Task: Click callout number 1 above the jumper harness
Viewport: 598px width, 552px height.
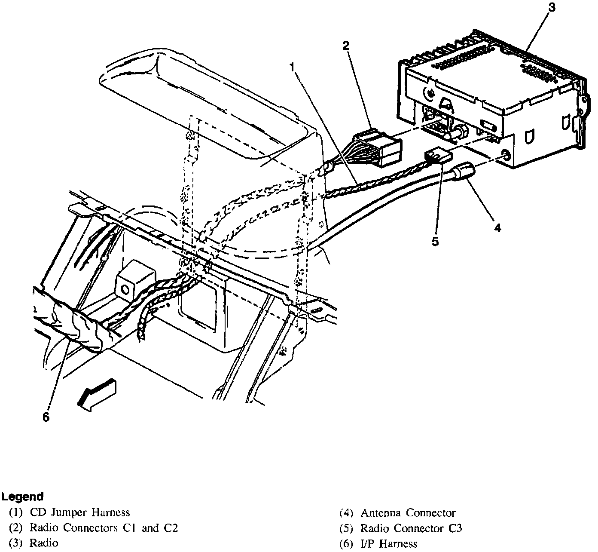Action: click(x=292, y=67)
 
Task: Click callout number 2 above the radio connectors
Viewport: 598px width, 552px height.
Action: click(x=345, y=46)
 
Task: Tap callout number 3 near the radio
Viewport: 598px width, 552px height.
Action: click(x=552, y=8)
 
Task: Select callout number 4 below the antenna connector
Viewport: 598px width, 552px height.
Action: click(x=497, y=227)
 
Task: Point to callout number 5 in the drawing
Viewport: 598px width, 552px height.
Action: click(x=436, y=242)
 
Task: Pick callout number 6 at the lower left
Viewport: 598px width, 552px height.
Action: click(x=46, y=417)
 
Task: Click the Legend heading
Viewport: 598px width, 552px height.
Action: click(x=22, y=497)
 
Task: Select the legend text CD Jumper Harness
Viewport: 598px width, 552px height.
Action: click(x=79, y=512)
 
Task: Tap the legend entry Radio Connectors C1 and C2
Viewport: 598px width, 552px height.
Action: click(x=104, y=528)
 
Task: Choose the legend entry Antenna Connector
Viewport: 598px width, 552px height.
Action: click(x=408, y=512)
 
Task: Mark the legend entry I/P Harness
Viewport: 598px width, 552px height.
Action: click(x=389, y=543)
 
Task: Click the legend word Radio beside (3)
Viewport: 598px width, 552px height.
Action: click(x=43, y=543)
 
